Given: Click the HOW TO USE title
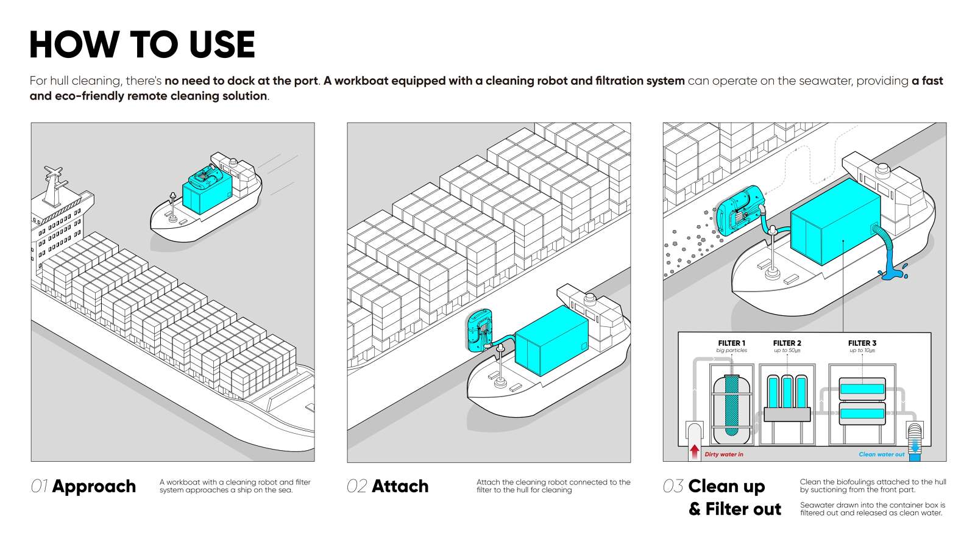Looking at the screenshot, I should point(142,45).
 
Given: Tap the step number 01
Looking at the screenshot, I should point(39,486).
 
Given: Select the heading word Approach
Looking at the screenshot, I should point(94,486).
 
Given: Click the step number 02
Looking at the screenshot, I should point(356,486).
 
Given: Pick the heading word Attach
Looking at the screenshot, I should point(400,486).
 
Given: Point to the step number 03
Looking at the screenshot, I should point(673,486).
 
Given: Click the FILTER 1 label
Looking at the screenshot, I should point(731,343).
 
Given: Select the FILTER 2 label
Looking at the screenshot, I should point(787,343).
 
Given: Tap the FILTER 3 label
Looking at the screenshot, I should point(862,343).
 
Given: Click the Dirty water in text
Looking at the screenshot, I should point(723,454).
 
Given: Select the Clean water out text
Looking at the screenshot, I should point(881,454).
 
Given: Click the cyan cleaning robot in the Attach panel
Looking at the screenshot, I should point(480,331).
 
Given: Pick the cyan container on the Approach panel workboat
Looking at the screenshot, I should point(208,189).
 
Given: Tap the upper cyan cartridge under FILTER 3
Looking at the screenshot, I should point(862,388).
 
